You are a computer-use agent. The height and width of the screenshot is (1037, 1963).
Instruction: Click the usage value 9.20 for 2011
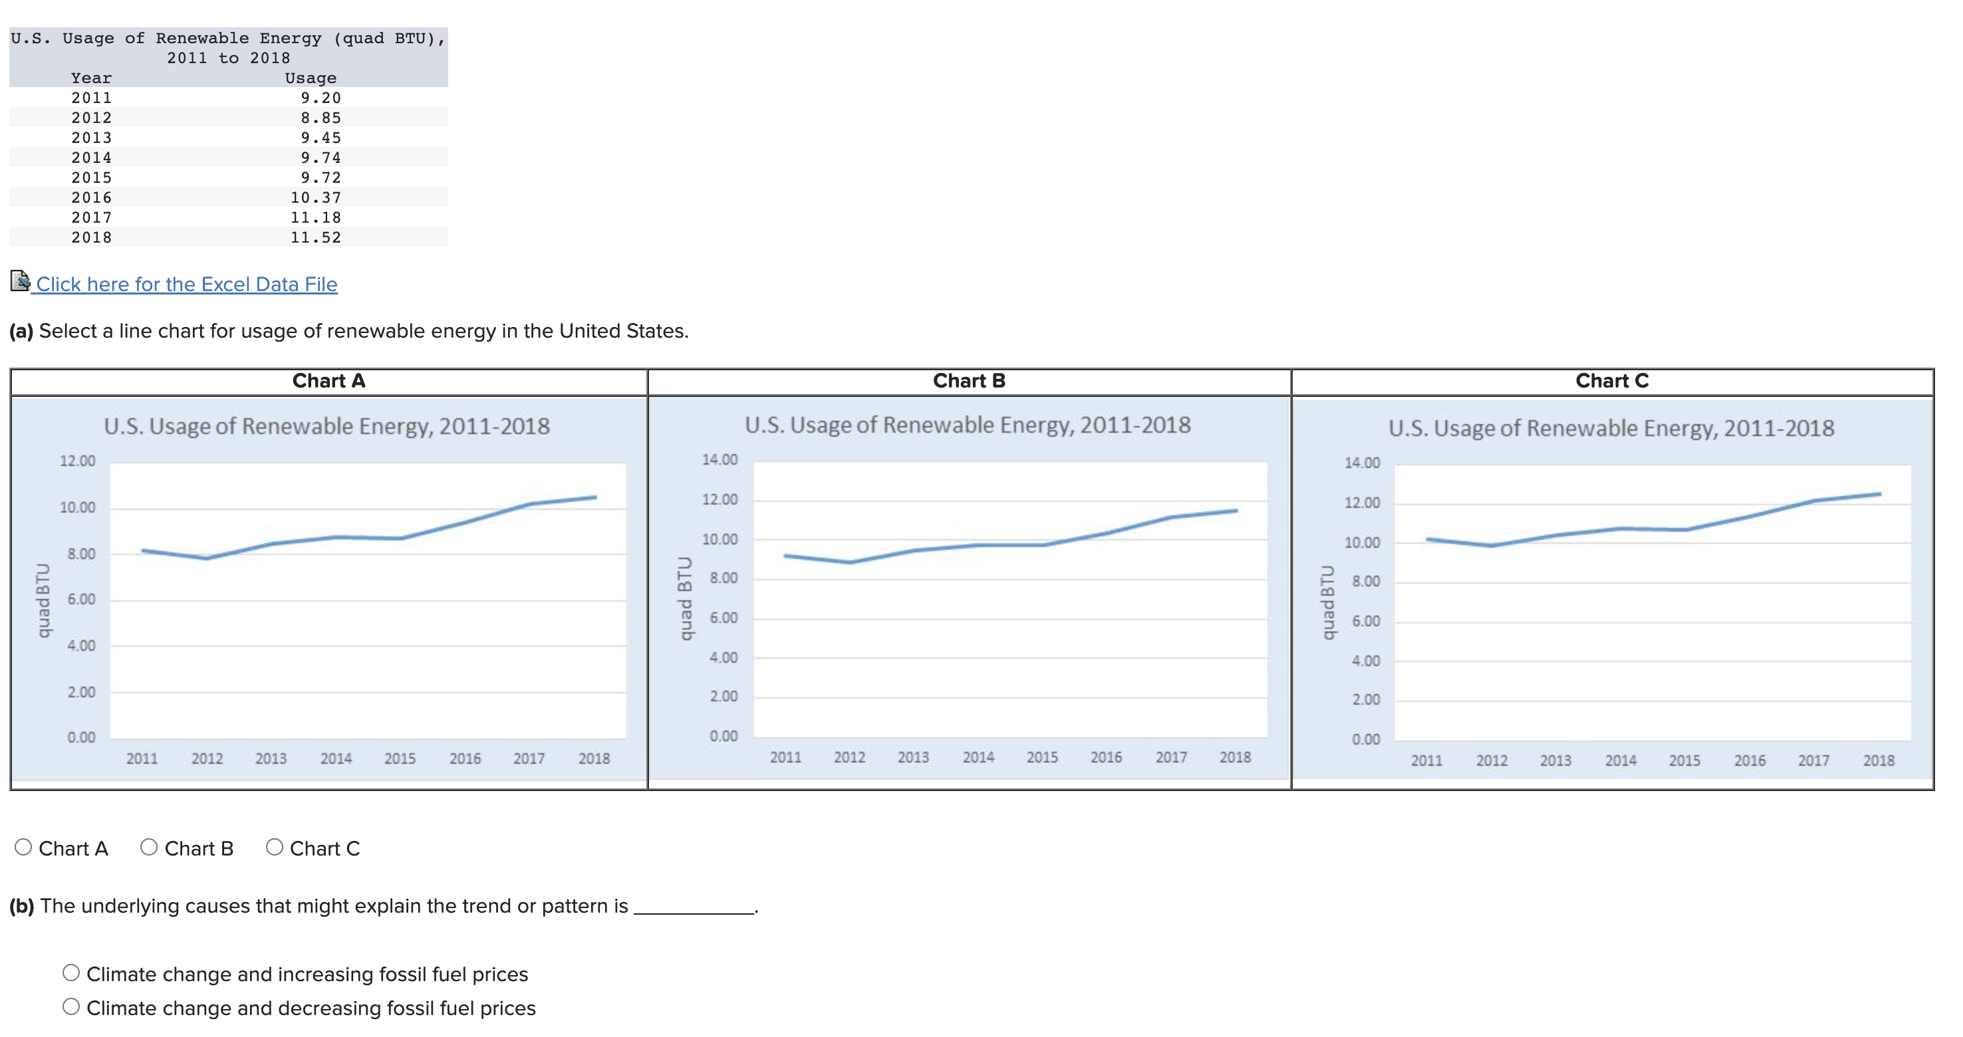[321, 98]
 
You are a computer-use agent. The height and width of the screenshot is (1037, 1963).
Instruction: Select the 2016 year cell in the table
[92, 197]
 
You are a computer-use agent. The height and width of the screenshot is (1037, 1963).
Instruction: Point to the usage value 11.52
[315, 237]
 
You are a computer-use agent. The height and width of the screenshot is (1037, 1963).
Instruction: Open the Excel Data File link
[187, 285]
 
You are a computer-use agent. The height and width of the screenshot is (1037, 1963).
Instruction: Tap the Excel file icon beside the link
[20, 281]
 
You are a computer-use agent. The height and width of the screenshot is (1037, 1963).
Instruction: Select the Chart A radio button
[24, 848]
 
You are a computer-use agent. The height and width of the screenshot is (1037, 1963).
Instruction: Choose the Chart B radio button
[150, 848]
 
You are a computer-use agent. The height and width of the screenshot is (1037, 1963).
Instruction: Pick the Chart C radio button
[275, 848]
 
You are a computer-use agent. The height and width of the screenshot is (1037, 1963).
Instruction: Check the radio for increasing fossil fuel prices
[71, 973]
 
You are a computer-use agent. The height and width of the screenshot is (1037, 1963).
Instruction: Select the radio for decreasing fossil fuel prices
[71, 1006]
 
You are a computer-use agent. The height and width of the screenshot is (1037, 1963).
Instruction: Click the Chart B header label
[970, 381]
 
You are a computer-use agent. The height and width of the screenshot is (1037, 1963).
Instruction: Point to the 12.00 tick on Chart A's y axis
[78, 461]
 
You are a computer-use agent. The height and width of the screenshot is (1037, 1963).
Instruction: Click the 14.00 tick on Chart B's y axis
[720, 459]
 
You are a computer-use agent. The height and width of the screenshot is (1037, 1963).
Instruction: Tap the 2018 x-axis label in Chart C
[1879, 760]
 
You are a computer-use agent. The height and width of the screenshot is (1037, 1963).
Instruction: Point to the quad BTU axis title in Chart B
[684, 598]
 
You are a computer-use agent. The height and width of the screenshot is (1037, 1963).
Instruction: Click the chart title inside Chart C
[1611, 427]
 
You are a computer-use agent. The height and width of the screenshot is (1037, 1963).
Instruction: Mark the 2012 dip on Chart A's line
[207, 558]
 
